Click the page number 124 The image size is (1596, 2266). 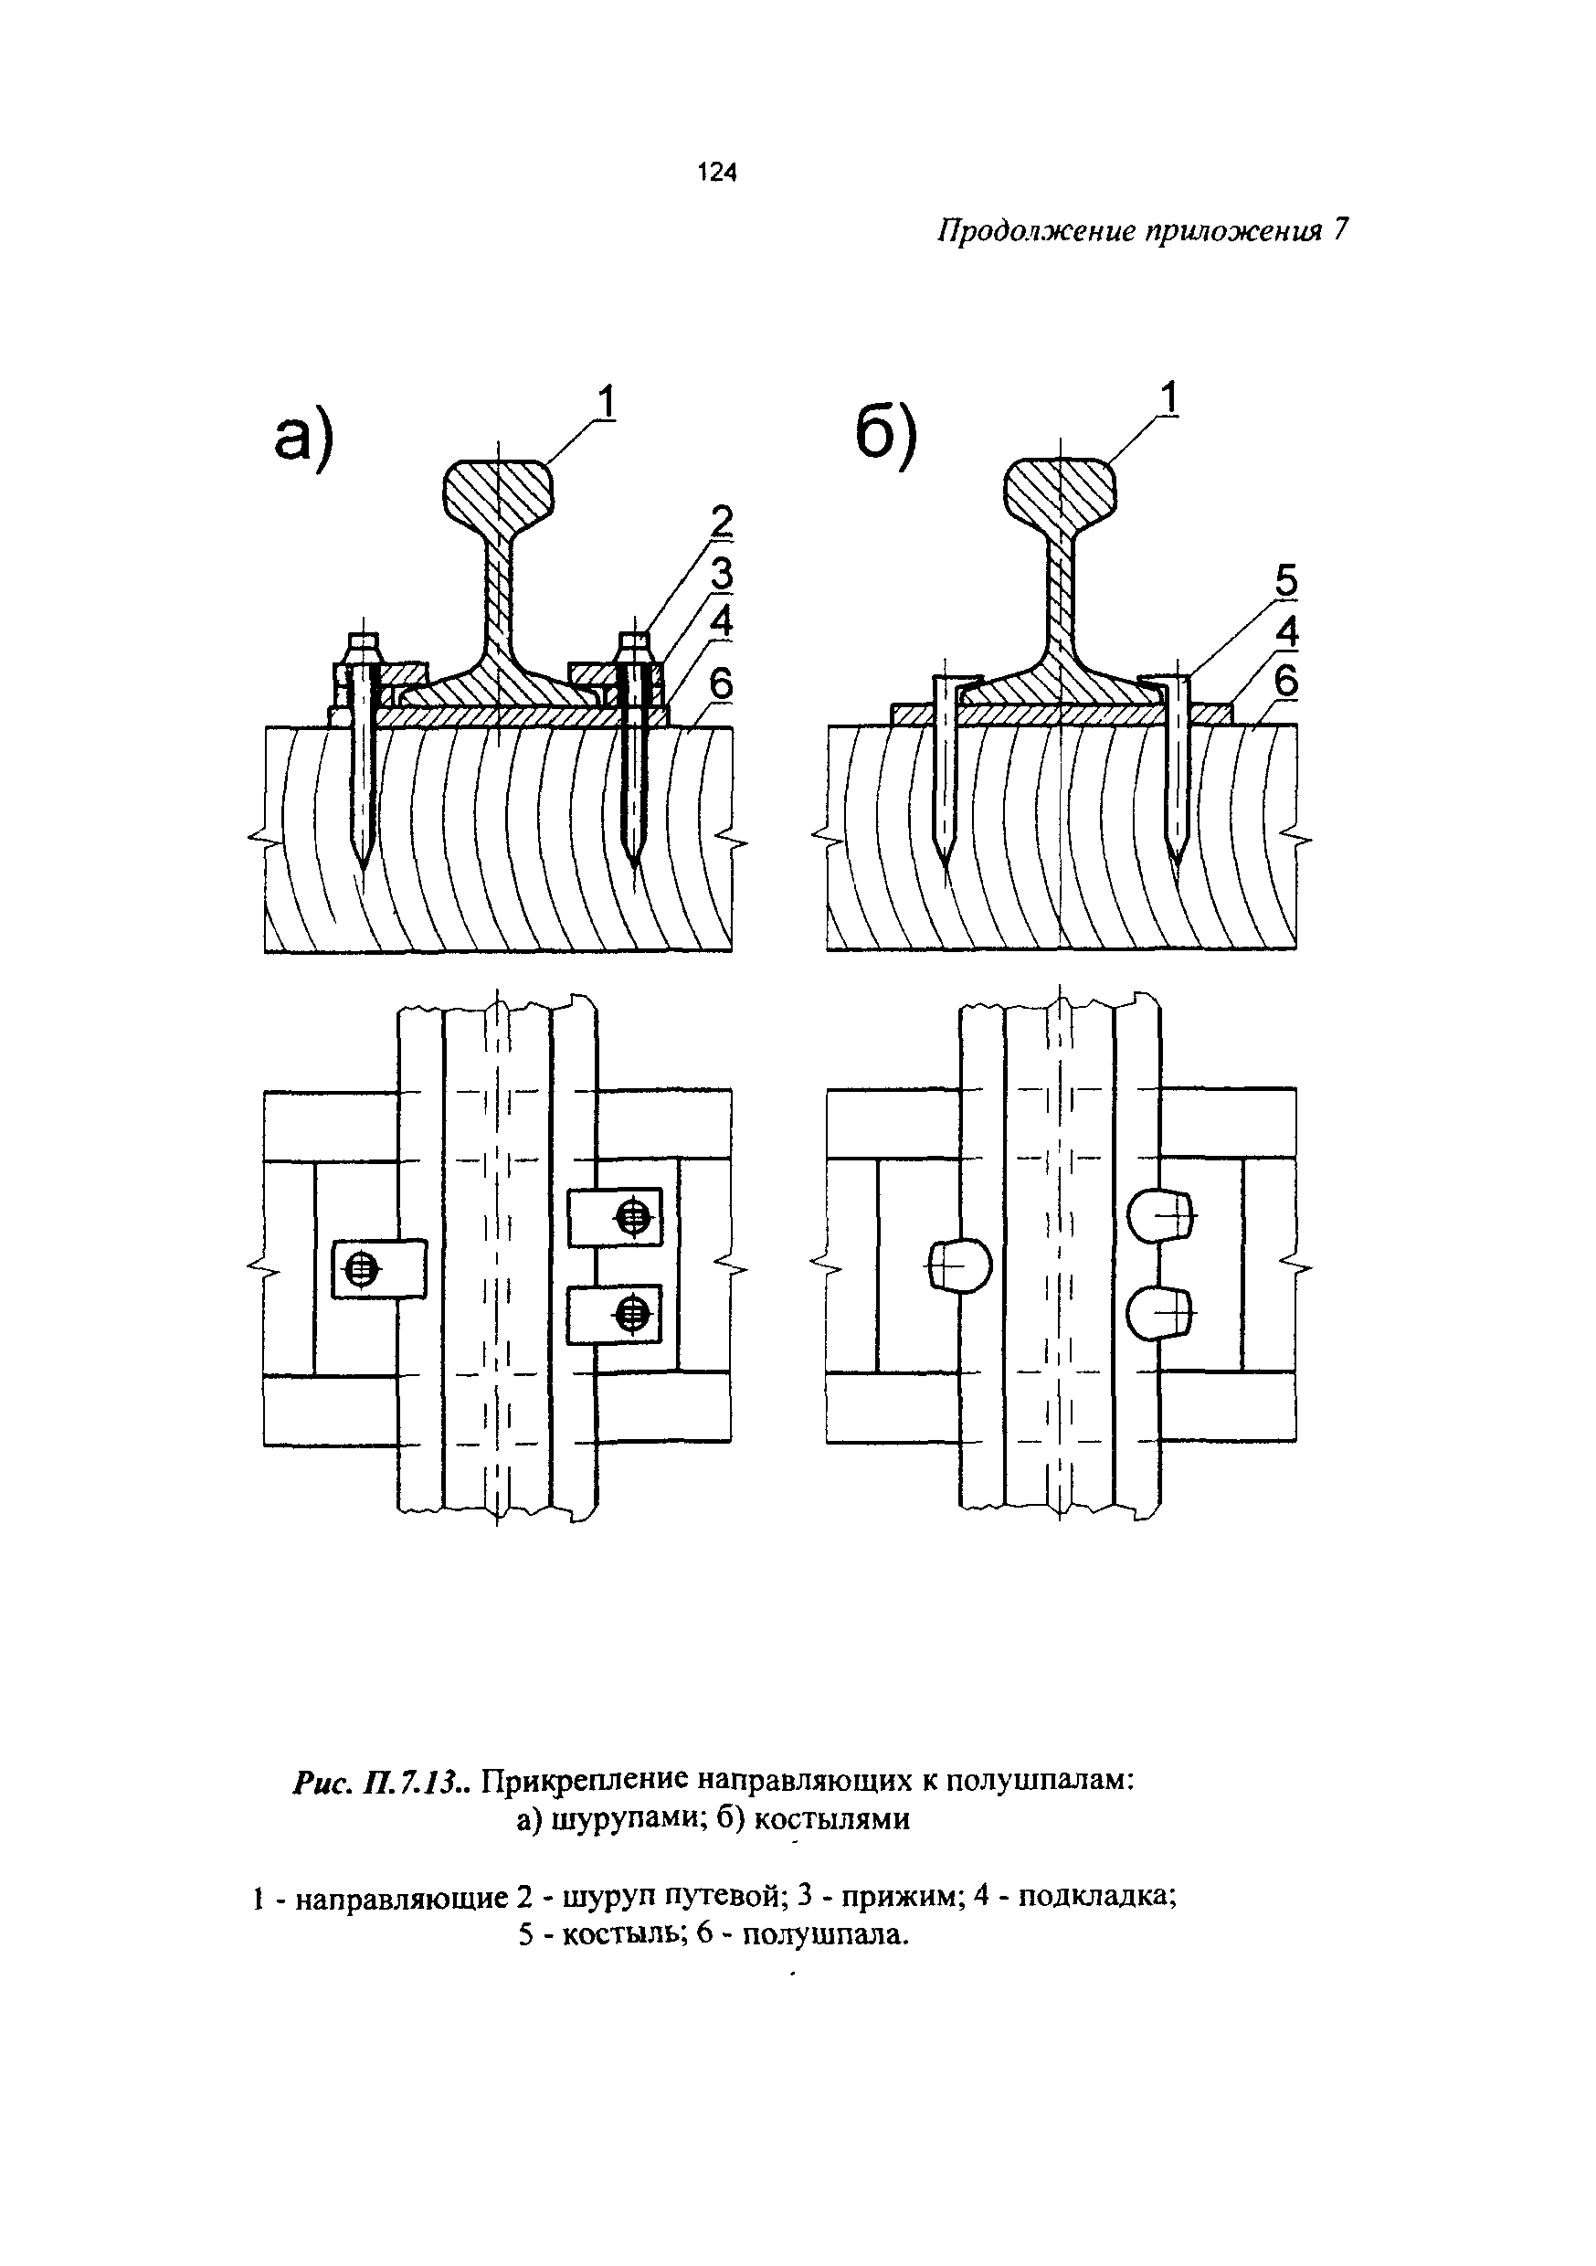(x=716, y=173)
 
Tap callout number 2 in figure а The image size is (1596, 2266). (x=724, y=521)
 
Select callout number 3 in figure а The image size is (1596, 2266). (x=724, y=575)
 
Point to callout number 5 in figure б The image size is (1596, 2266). (x=1286, y=581)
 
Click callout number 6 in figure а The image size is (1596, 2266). (x=724, y=683)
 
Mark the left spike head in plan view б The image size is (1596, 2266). (x=958, y=1265)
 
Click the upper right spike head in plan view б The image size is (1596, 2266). (x=1161, y=1215)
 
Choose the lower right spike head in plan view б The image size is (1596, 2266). (x=1161, y=1313)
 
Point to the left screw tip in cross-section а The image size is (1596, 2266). (x=363, y=867)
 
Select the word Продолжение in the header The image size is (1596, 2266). (x=1036, y=231)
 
